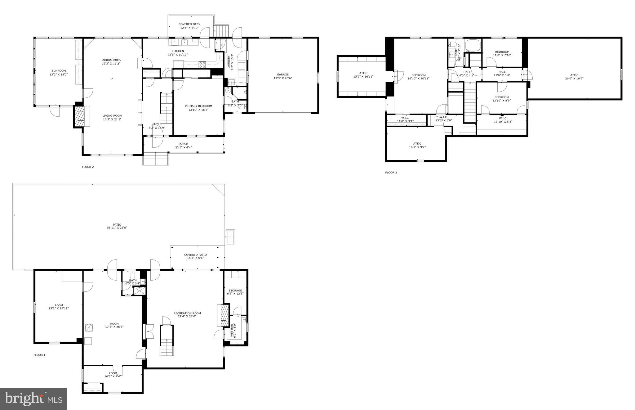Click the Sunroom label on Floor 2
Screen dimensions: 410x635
pos(59,71)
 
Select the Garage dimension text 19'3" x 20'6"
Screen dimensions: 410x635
pos(282,78)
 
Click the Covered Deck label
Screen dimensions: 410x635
pos(189,24)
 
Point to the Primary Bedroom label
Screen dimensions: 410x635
pos(198,106)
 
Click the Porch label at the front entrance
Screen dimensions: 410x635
pos(183,144)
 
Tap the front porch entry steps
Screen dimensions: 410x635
pos(155,159)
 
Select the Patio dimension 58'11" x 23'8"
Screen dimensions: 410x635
pos(117,228)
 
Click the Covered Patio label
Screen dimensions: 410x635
pos(195,255)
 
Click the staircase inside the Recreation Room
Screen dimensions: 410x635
pos(167,340)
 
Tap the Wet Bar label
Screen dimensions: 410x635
pos(232,331)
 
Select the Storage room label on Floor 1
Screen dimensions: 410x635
pos(235,291)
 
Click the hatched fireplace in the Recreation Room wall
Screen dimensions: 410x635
pos(223,315)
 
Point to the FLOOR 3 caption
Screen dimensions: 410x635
pos(391,173)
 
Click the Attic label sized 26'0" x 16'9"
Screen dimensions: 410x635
pos(574,75)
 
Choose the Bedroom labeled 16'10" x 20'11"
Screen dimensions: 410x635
pos(418,75)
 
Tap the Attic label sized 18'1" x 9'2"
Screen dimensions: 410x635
pos(417,144)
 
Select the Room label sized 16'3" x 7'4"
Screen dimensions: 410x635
pos(113,373)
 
